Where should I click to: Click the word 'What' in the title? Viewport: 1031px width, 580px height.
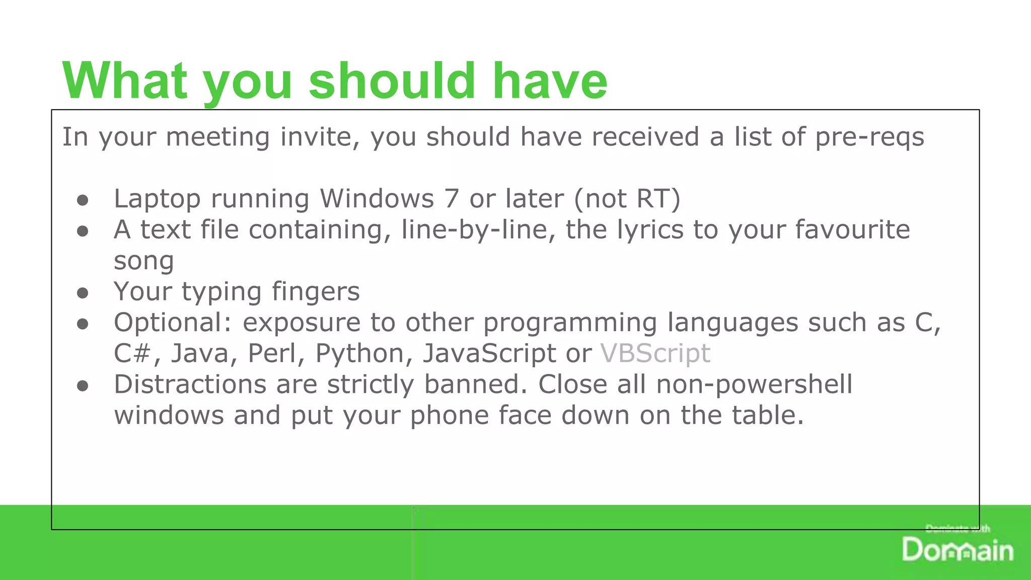(x=125, y=81)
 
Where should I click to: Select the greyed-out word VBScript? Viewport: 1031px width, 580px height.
(x=655, y=353)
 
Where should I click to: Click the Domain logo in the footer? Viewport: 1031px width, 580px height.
(x=958, y=549)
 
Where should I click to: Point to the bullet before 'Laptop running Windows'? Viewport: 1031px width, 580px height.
(x=83, y=200)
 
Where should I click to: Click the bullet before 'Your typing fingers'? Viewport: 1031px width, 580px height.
(x=83, y=293)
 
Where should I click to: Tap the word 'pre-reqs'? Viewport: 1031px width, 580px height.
(x=869, y=137)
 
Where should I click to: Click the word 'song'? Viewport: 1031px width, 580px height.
(x=144, y=261)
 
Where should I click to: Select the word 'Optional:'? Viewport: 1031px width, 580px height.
(x=173, y=323)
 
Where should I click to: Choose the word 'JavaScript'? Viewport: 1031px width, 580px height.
(x=489, y=353)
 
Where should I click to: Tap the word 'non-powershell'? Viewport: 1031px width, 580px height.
(x=754, y=386)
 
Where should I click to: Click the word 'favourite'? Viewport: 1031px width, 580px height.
(x=853, y=230)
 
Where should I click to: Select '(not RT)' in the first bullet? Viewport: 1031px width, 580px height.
(x=627, y=198)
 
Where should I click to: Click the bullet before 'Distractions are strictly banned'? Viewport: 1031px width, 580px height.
(x=83, y=386)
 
